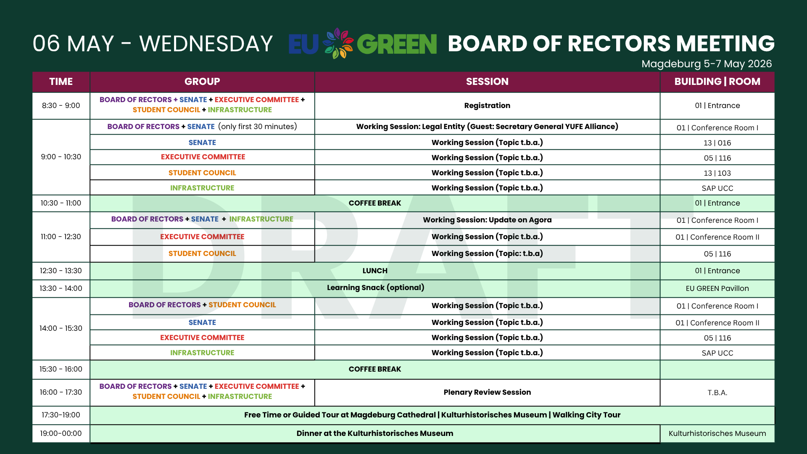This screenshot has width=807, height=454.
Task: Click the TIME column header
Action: click(x=61, y=82)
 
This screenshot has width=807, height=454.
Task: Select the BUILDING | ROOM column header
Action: click(x=717, y=82)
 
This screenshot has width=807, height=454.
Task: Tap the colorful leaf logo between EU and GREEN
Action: click(x=338, y=43)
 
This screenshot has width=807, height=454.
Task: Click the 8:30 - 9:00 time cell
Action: click(x=61, y=106)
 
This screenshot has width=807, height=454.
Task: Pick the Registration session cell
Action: click(x=487, y=106)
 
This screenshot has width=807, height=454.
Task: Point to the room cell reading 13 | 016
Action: click(x=717, y=143)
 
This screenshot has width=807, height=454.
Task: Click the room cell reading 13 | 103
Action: click(x=717, y=173)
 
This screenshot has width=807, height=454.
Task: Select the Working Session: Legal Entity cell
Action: click(x=487, y=127)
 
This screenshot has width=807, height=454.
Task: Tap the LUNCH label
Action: click(x=375, y=271)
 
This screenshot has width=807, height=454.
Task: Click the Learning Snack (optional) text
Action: click(x=375, y=288)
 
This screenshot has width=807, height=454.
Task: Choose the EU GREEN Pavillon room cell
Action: click(x=717, y=288)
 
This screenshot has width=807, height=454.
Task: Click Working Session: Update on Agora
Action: click(x=487, y=220)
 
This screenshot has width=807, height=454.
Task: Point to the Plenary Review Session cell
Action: click(x=487, y=392)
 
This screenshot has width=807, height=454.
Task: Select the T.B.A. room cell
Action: click(x=717, y=393)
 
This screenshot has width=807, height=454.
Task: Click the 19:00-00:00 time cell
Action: click(x=61, y=433)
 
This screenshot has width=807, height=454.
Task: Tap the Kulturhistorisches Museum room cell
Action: click(x=717, y=433)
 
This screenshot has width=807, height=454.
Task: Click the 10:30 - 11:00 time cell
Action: click(x=61, y=203)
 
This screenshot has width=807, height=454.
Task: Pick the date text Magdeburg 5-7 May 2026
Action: click(x=707, y=64)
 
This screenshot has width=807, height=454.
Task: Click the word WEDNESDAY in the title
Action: click(x=206, y=44)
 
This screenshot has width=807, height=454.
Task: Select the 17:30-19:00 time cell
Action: click(x=61, y=415)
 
